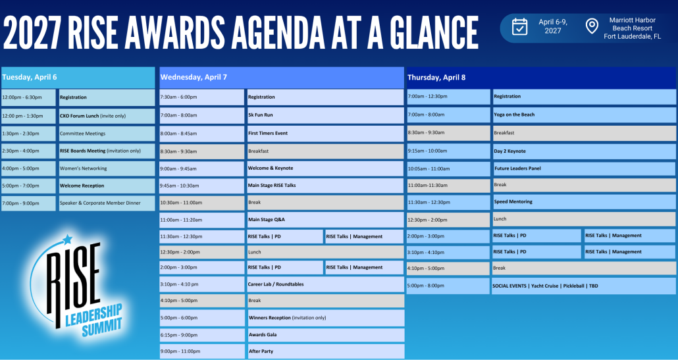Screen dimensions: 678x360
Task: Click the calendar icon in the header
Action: coord(519,26)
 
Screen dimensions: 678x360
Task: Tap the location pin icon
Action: coord(592,26)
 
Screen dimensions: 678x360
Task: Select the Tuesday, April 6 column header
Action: coord(78,78)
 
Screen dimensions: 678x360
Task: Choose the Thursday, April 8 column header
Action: coord(541,78)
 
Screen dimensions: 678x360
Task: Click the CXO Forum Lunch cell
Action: coord(107,116)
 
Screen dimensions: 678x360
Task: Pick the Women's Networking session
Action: coord(107,168)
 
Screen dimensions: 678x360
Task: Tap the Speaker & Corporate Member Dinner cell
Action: coord(107,203)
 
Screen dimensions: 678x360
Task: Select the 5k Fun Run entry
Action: coord(325,115)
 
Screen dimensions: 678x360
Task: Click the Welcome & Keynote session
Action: coord(325,168)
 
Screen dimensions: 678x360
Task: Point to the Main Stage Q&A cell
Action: coord(325,220)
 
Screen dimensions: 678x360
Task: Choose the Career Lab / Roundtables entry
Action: coord(325,284)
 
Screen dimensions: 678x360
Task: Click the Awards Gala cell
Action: coord(325,335)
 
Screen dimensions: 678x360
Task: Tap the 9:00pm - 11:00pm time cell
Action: coord(202,351)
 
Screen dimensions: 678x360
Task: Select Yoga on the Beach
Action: coord(584,115)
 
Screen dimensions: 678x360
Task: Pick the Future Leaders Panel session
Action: coord(584,168)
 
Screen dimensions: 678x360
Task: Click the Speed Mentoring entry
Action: coord(584,202)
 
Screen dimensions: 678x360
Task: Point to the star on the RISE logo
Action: coord(67,239)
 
